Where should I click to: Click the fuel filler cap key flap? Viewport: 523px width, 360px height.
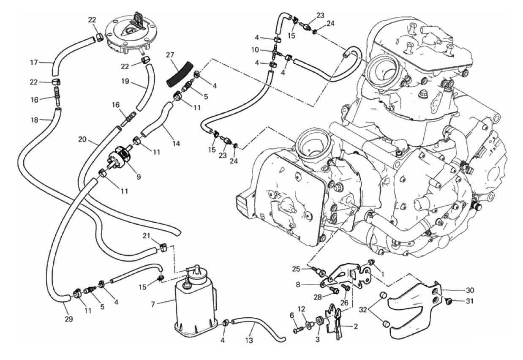(x=137, y=19)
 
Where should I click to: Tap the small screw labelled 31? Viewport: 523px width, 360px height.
(x=449, y=302)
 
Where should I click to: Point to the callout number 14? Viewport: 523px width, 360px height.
(x=176, y=144)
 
